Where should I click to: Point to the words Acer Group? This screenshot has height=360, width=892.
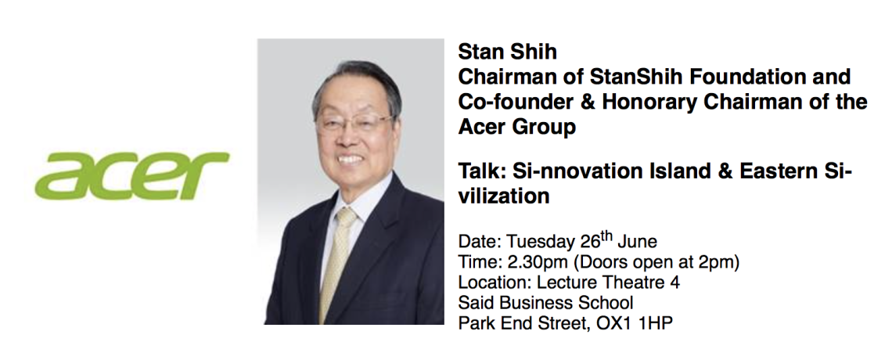click(x=516, y=126)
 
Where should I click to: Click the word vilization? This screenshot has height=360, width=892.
click(x=504, y=196)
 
